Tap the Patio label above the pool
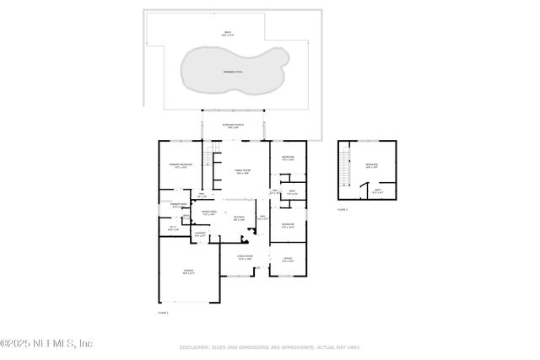click(x=227, y=35)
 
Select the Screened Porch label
click(x=233, y=126)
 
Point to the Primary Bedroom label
click(x=181, y=166)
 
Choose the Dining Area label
click(x=209, y=213)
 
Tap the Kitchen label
click(x=240, y=218)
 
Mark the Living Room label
click(x=245, y=259)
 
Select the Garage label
click(x=189, y=271)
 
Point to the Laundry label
click(x=200, y=234)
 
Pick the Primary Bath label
click(x=177, y=206)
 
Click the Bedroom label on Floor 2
click(x=372, y=166)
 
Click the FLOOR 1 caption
click(x=163, y=313)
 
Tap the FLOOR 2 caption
click(x=343, y=209)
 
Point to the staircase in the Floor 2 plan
click(x=343, y=172)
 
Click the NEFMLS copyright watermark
click(x=46, y=343)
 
